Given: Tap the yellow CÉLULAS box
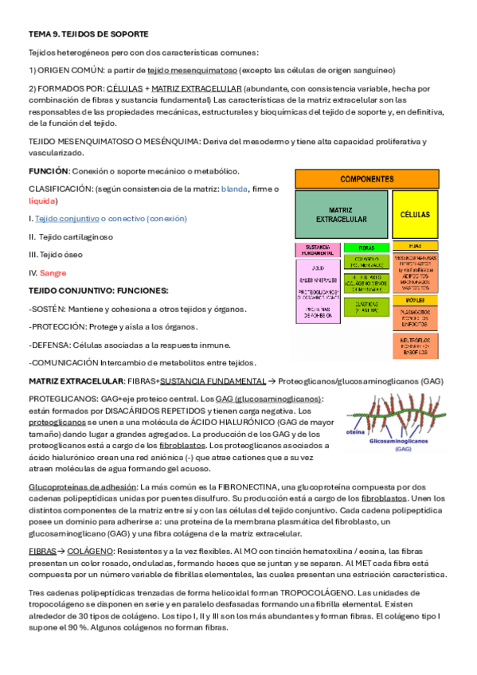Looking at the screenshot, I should pos(414,214).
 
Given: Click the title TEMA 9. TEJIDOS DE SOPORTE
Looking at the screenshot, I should pos(88,34).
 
